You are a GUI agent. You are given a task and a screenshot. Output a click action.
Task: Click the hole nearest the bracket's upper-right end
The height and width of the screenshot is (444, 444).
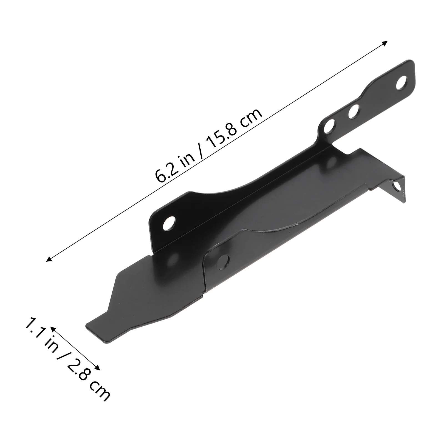[401, 84]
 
